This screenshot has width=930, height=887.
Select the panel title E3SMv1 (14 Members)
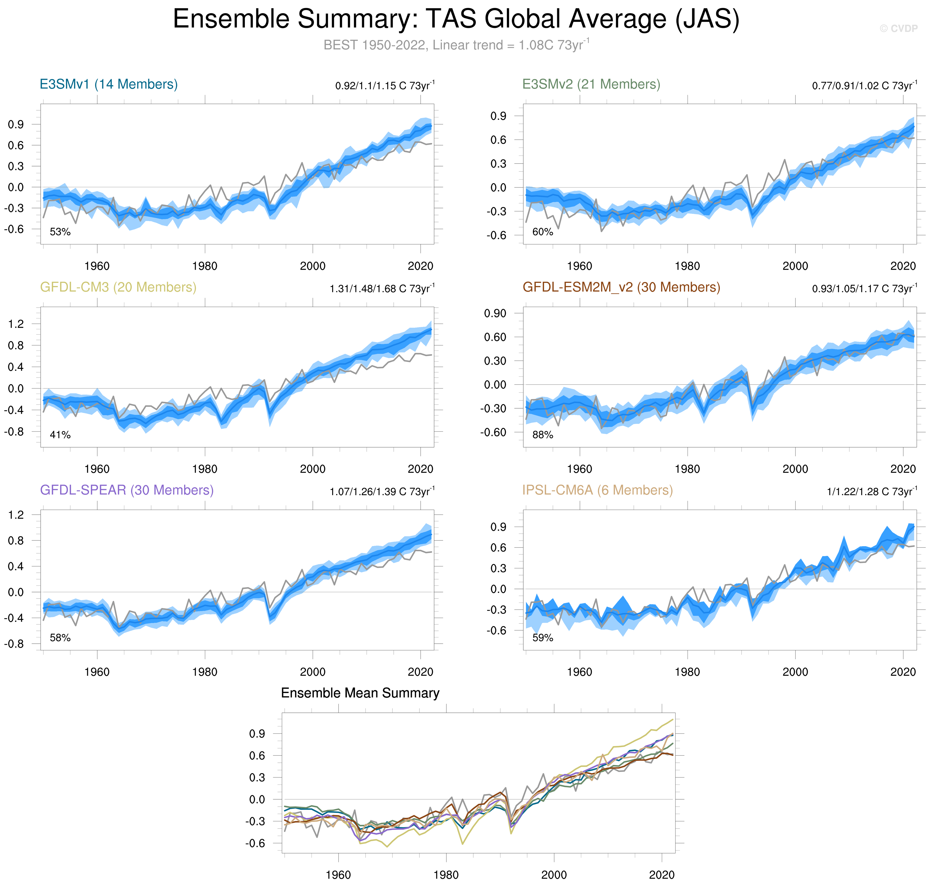point(109,84)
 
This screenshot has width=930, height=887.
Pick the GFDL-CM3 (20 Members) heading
point(118,287)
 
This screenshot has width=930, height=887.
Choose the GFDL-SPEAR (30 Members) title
point(127,490)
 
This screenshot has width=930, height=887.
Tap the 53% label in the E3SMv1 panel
point(60,232)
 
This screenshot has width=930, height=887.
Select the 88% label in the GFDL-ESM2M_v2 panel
point(542,435)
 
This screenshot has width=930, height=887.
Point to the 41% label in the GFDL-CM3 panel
point(60,435)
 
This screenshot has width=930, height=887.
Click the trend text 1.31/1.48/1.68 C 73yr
point(382,288)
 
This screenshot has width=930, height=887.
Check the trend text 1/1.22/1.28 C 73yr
point(871,491)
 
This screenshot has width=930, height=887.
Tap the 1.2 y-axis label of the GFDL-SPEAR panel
point(16,515)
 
